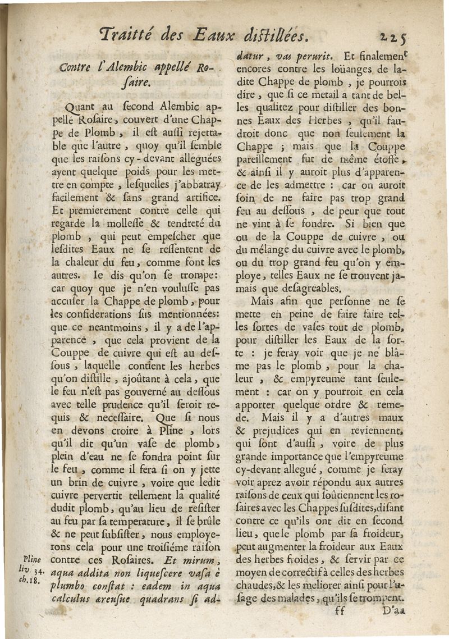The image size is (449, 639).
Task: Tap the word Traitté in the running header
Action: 124,35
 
